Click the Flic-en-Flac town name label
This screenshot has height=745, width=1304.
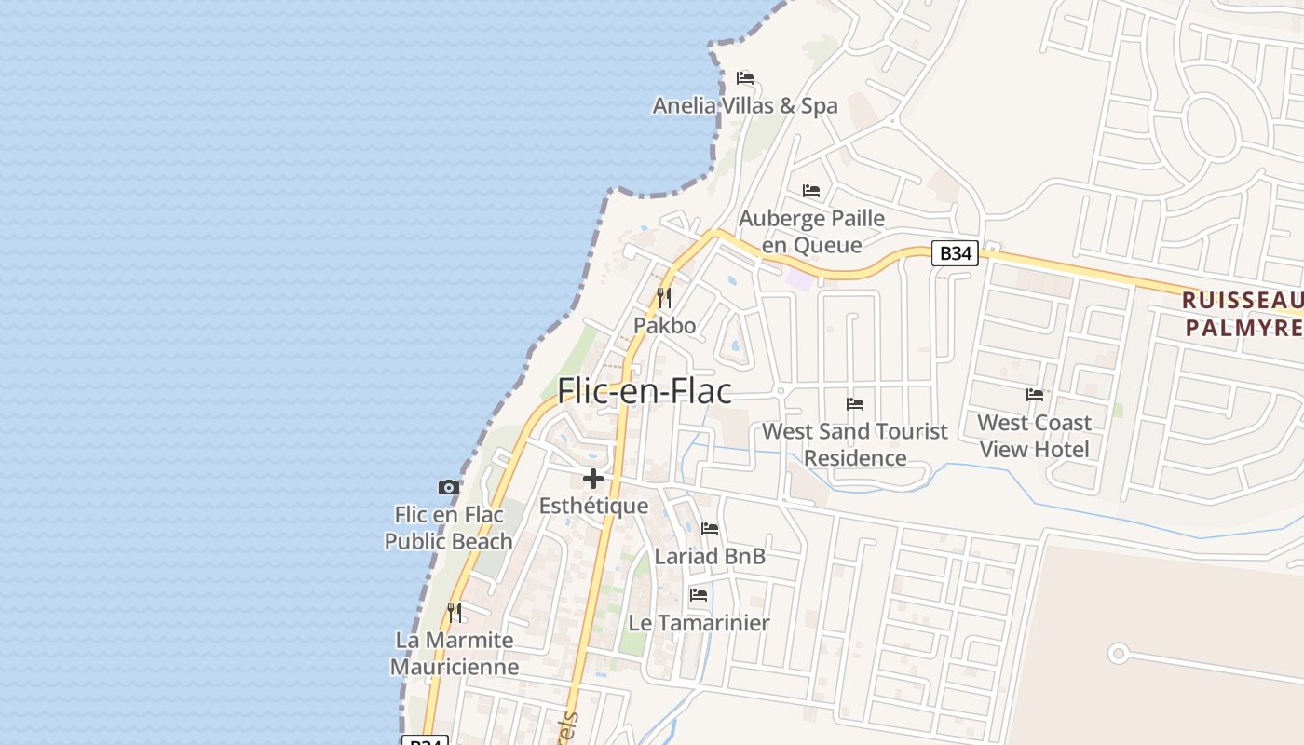coord(645,391)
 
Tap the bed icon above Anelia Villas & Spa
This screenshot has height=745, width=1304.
coord(745,77)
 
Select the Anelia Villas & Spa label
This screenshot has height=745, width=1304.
coord(745,106)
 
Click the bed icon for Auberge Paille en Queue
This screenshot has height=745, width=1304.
coord(811,191)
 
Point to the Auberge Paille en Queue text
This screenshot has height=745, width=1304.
coord(811,232)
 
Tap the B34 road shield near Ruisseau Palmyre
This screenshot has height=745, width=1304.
coord(956,253)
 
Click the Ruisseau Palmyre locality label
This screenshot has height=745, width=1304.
coord(1243,314)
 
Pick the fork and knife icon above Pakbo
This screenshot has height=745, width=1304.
coord(664,298)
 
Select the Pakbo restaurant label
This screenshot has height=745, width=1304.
coord(664,326)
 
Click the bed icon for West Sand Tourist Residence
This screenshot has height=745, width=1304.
coord(855,404)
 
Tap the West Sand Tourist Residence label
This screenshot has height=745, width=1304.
coord(855,444)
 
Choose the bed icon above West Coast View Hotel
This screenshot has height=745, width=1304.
coord(1034,395)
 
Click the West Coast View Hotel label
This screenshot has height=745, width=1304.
coord(1034,436)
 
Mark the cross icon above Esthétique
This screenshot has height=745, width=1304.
coord(593,480)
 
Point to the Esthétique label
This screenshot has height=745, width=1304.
coord(593,507)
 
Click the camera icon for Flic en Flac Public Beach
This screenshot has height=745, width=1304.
coord(449,487)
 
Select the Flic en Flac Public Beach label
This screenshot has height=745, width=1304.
coord(449,528)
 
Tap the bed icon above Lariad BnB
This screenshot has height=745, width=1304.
coord(710,529)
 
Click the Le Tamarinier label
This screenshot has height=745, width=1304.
coord(699,623)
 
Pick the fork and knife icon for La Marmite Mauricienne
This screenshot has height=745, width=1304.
coord(455,613)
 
